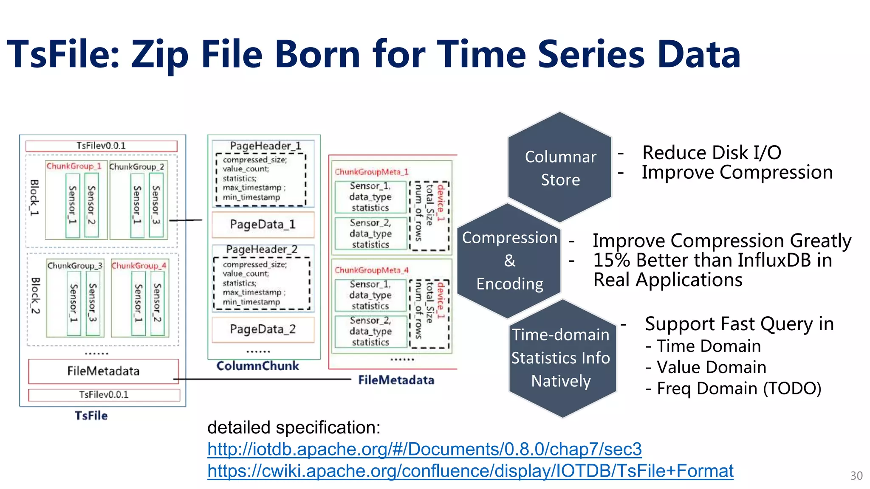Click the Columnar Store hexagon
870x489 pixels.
tap(560, 168)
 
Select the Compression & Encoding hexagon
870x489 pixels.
tap(509, 261)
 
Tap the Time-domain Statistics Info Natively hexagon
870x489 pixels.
tap(561, 358)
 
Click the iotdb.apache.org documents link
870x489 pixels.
tap(424, 449)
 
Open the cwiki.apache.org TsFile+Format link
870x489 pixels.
tap(470, 471)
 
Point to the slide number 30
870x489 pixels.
tap(856, 476)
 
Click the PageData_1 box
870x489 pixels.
tap(263, 225)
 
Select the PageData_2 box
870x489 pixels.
tap(263, 329)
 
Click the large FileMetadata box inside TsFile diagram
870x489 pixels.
tap(103, 371)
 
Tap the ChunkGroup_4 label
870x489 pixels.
tap(139, 266)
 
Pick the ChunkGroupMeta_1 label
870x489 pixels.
tap(371, 172)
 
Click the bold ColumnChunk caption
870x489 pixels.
tap(258, 366)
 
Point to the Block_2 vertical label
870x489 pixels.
tap(36, 295)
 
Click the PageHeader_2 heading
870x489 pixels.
tap(262, 250)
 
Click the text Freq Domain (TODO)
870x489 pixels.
tap(739, 388)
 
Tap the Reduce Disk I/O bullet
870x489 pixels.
tap(712, 152)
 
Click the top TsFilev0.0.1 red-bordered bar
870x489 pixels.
tap(101, 146)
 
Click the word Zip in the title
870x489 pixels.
tap(160, 54)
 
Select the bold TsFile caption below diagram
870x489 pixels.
tap(91, 416)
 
